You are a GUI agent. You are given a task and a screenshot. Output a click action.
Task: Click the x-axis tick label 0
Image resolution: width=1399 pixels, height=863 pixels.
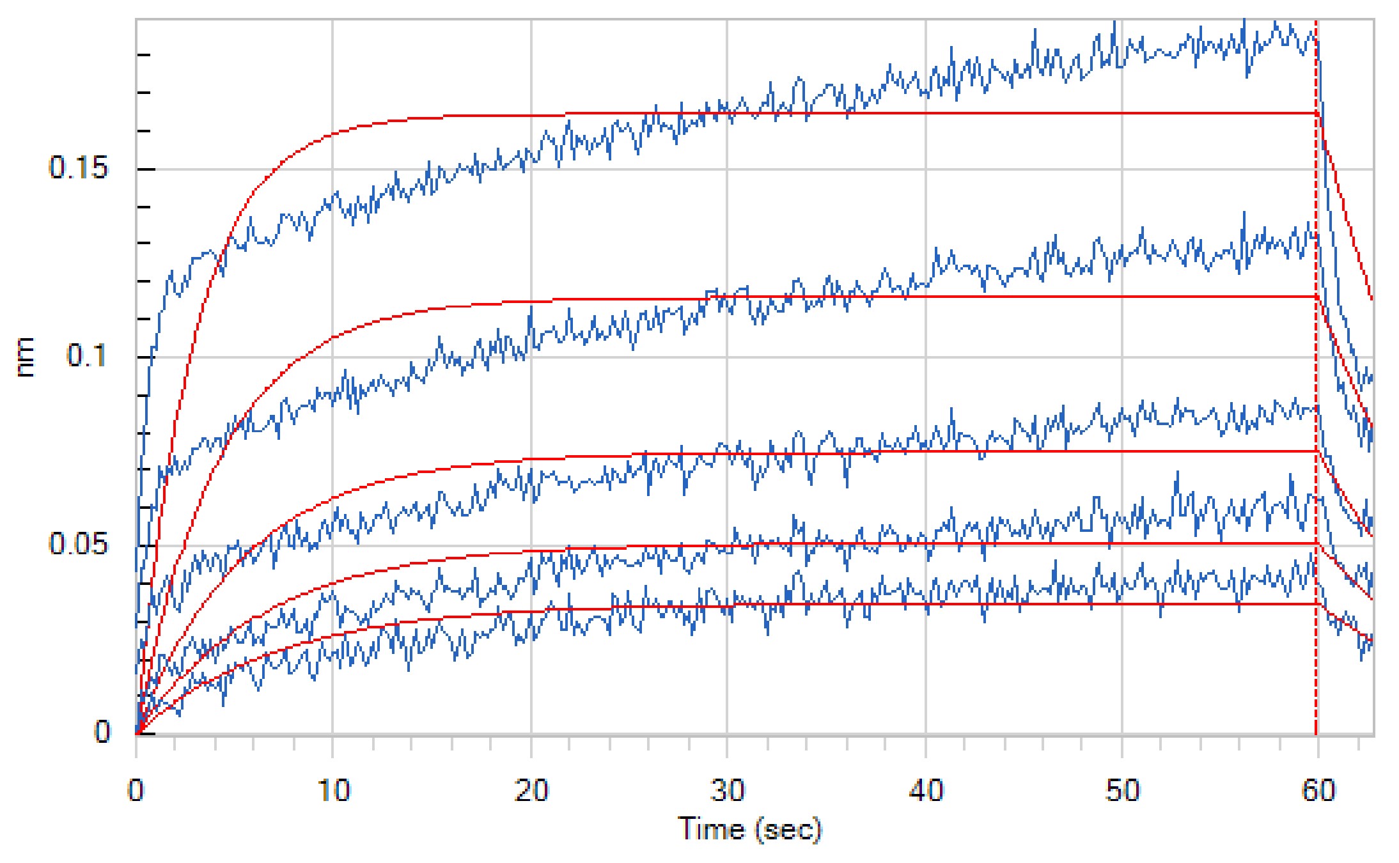[136, 791]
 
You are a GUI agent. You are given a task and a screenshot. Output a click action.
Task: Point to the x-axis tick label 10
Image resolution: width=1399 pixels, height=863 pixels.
[333, 791]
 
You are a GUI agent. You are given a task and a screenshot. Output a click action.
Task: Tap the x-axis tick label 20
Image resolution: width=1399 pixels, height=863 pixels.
[531, 791]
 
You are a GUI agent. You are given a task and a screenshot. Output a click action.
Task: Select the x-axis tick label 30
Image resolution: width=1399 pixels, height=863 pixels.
[728, 791]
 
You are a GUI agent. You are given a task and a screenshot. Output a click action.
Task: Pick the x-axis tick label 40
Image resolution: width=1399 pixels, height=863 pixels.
[926, 791]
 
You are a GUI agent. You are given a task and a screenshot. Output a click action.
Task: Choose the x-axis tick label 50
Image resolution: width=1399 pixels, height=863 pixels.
[1123, 791]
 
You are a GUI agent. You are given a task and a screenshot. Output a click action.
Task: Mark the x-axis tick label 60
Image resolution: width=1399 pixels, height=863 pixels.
[1318, 791]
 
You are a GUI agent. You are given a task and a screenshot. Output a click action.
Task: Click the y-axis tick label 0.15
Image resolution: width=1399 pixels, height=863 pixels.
[78, 168]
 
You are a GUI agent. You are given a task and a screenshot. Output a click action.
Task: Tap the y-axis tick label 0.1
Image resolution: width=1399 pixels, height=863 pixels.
[87, 356]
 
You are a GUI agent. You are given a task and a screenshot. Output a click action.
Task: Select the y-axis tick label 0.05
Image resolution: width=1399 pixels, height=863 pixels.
[78, 544]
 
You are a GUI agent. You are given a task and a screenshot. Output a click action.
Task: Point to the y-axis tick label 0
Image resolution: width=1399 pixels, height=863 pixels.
[102, 731]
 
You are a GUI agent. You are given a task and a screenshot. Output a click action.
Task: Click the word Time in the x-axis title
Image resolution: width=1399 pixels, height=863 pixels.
[711, 829]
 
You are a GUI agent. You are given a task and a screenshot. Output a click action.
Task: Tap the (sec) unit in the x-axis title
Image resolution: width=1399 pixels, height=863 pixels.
[788, 830]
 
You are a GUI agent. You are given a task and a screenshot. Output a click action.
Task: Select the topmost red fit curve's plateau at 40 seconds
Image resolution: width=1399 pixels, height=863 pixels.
[926, 113]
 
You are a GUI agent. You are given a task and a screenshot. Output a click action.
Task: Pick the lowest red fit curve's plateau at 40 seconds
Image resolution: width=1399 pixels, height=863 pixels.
[926, 604]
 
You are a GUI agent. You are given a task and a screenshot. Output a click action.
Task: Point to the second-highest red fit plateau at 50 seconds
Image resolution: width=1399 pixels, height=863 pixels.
[1123, 297]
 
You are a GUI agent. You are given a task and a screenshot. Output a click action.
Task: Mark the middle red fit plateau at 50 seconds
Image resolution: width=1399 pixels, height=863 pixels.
[1123, 451]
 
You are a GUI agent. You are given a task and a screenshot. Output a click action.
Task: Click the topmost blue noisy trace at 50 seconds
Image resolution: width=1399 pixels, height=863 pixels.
[1122, 48]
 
